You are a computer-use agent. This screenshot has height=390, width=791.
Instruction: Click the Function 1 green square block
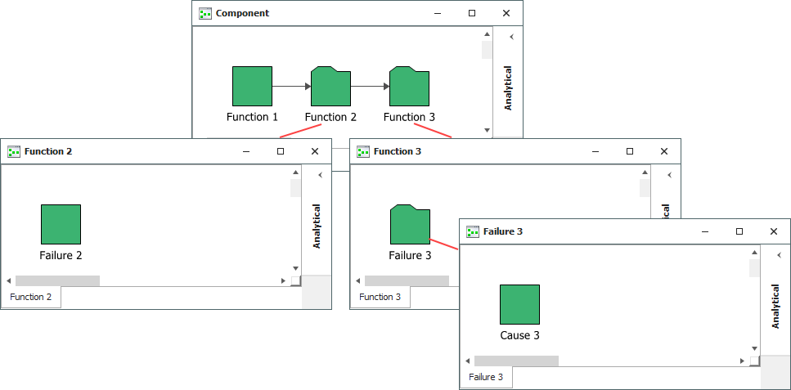(x=252, y=86)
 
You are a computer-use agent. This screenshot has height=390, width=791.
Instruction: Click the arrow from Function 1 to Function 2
(x=291, y=86)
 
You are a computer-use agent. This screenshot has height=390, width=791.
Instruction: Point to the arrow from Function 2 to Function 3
(x=370, y=86)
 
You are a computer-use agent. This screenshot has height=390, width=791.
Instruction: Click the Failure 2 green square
(x=61, y=224)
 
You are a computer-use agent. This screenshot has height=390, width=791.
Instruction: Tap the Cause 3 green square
(x=519, y=304)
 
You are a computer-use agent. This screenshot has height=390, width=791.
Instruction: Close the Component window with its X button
(x=506, y=13)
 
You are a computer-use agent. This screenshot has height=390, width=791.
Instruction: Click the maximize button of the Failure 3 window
(x=739, y=231)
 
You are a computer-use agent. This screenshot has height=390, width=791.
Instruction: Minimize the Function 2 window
(x=246, y=151)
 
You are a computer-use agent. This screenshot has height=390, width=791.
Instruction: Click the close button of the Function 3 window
(x=664, y=151)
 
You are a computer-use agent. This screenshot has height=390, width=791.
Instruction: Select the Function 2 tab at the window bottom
(x=31, y=297)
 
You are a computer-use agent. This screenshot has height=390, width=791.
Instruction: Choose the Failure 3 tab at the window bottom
(x=486, y=377)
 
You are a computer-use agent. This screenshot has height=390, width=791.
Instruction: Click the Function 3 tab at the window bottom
(x=380, y=297)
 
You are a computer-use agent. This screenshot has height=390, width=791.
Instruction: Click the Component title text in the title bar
(x=242, y=13)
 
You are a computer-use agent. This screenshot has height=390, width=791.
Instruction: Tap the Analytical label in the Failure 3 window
(x=775, y=307)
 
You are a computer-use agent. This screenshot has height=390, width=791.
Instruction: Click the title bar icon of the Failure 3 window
(x=472, y=231)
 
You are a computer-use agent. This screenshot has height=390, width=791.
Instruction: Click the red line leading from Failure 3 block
(x=444, y=245)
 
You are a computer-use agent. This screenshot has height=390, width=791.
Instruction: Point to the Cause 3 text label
(x=519, y=335)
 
